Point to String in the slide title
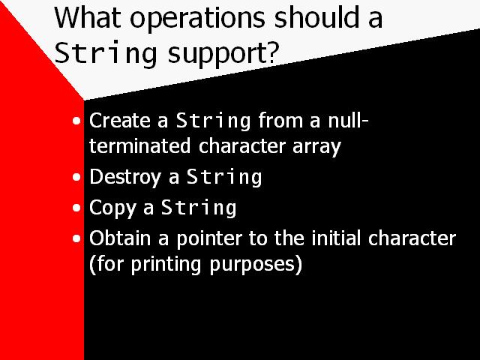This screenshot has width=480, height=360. (105, 53)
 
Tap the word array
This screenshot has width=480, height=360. (319, 146)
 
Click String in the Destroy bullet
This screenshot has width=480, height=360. (223, 178)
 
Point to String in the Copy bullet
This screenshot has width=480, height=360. (199, 208)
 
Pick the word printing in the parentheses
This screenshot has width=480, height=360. (140, 265)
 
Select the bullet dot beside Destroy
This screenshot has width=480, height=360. (78, 178)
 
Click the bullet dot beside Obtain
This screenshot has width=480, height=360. (78, 239)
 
